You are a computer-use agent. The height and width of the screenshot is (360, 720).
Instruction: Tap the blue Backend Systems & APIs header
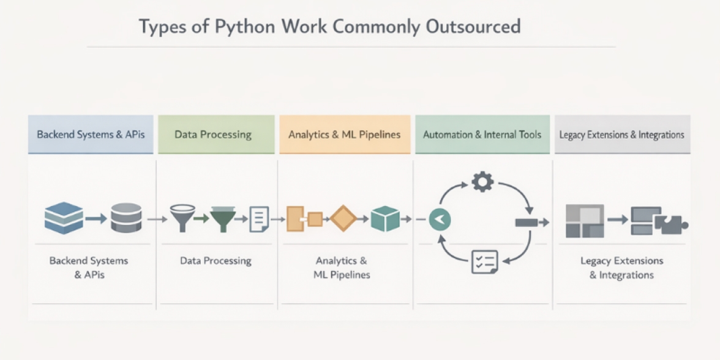coord(91,134)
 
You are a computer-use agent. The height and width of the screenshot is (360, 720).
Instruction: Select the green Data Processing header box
coord(212,134)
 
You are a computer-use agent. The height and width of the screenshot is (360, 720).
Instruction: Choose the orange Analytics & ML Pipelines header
coord(345,134)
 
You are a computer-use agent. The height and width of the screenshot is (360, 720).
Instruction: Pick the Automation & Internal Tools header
coord(482,134)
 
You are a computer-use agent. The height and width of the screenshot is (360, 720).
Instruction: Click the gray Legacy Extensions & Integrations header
coord(621,134)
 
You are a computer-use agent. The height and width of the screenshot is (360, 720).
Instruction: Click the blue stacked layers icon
coord(64,218)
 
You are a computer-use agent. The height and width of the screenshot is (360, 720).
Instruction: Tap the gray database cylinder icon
coord(126,218)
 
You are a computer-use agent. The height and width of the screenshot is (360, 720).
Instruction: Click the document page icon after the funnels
coord(259,219)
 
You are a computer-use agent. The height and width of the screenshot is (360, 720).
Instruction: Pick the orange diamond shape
coord(343,218)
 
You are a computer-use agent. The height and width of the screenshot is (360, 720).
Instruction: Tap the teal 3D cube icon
coord(385,218)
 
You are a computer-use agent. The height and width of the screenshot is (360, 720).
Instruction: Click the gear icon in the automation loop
coord(482,182)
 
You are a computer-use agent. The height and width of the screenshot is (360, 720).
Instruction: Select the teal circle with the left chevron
coord(440,219)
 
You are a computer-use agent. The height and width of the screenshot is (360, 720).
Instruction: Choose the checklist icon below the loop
coord(484,261)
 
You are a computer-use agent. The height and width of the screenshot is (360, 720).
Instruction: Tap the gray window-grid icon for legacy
coord(585,220)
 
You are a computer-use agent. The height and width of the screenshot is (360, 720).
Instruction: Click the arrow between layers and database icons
coord(96,218)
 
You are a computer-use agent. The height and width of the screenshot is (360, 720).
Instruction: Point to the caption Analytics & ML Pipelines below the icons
coord(342,268)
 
